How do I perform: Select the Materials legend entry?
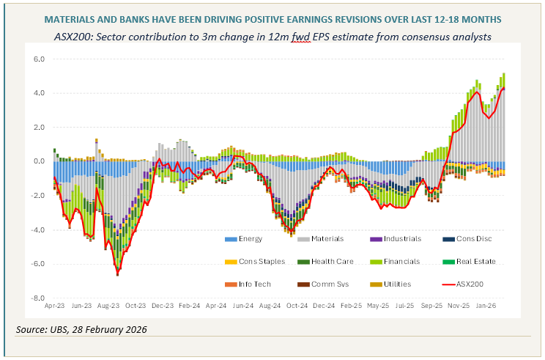click(328, 238)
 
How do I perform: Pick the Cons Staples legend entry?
click(257, 261)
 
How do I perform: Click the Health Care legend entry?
click(331, 261)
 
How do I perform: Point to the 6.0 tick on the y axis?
click(39, 59)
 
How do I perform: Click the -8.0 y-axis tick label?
click(37, 298)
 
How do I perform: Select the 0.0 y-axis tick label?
click(39, 161)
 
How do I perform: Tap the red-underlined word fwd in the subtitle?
click(301, 37)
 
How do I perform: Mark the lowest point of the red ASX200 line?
click(117, 274)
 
